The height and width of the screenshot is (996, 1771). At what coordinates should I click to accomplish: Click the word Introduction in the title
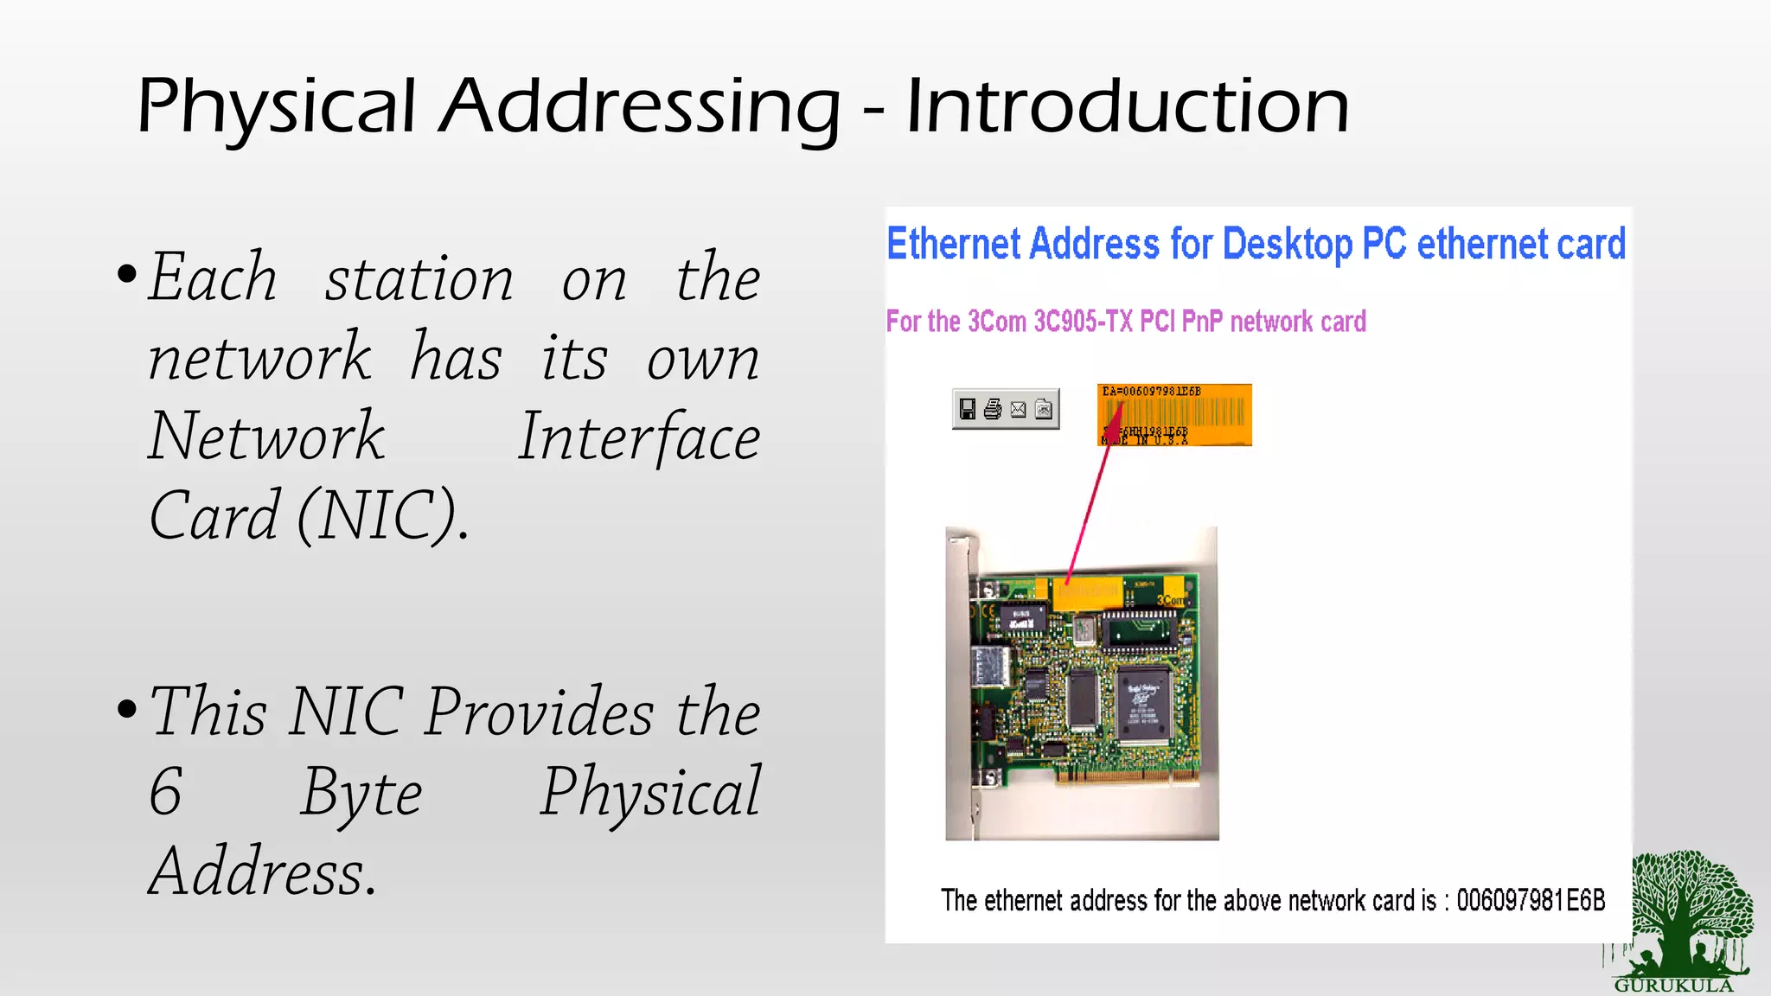coord(1127,107)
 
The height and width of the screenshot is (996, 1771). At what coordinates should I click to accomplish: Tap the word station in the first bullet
coord(419,278)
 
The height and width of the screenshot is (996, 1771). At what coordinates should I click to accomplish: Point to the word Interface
coord(638,437)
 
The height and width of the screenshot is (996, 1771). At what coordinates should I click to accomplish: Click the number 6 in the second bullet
coord(165,791)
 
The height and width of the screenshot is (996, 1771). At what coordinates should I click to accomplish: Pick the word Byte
coord(361,791)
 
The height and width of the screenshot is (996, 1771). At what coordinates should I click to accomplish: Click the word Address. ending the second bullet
coord(262,871)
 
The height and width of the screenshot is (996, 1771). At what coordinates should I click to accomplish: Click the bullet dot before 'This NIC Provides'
coord(127,709)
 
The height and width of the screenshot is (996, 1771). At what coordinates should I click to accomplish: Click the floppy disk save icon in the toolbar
coord(968,409)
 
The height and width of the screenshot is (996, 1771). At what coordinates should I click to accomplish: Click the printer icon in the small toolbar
coord(993,409)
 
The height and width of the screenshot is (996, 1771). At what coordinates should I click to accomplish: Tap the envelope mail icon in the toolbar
coord(1019,409)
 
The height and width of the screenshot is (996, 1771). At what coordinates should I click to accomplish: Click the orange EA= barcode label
coord(1174,415)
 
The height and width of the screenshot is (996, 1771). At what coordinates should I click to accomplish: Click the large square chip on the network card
coord(1143,705)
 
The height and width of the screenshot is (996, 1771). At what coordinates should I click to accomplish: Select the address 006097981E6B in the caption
coord(1530,900)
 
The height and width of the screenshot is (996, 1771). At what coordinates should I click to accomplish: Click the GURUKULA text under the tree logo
coord(1673,986)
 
